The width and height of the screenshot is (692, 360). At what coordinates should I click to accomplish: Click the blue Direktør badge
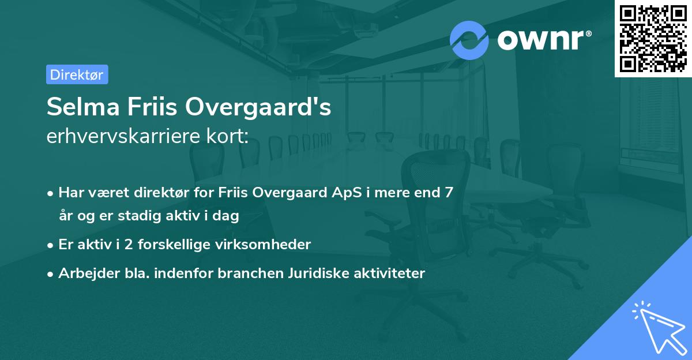[77, 74]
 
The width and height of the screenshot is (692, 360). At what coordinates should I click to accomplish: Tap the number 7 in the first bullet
[447, 192]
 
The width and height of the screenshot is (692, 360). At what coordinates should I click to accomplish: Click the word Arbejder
[85, 273]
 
